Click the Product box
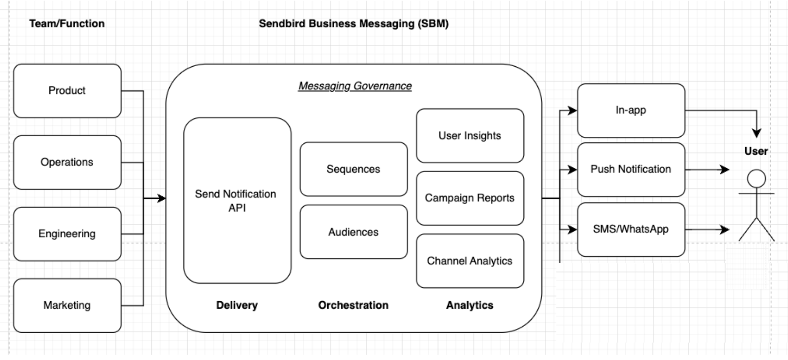67,91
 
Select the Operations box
67,162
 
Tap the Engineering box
67,234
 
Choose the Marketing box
67,305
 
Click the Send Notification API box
237,201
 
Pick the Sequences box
354,169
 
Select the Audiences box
354,232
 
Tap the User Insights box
470,135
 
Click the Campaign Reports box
470,198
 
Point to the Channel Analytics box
470,261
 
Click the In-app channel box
630,110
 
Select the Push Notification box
630,169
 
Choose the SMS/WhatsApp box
630,229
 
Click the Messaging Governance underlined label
355,86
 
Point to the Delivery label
237,305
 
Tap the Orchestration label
354,305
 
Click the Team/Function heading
67,23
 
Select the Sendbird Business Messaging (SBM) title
354,23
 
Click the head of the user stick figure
756,179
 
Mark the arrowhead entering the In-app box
573,110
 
